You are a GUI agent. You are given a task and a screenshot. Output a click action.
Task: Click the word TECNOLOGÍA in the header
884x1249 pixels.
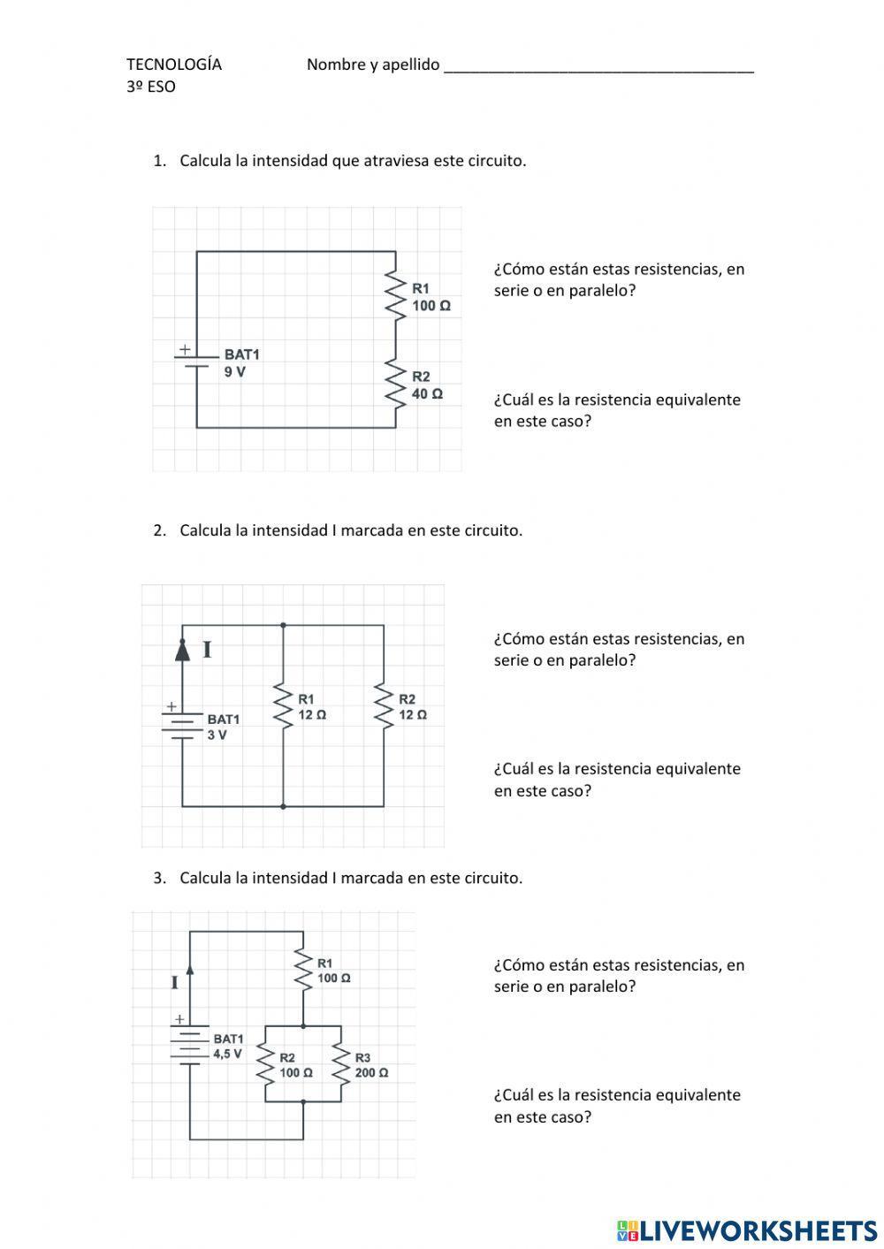click(x=174, y=65)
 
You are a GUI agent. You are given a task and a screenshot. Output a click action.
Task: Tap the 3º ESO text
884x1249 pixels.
click(x=151, y=87)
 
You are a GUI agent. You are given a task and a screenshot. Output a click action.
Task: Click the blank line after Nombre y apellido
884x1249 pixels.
click(x=598, y=67)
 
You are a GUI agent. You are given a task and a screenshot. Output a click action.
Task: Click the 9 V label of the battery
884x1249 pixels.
click(x=235, y=372)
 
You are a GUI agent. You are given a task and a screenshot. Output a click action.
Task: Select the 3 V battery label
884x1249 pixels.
click(x=217, y=735)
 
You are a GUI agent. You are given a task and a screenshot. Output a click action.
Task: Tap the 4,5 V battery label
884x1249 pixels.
click(x=227, y=1054)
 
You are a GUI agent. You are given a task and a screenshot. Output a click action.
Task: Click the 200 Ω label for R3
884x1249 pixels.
click(x=371, y=1073)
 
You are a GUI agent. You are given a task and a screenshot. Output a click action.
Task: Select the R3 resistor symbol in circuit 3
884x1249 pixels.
click(x=340, y=1063)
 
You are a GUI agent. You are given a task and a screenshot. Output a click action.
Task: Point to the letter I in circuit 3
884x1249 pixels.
click(x=175, y=982)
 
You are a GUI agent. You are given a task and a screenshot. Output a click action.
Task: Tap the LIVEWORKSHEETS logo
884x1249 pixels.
click(x=747, y=1230)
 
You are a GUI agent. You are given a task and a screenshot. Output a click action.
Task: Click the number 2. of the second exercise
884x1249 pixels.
click(x=159, y=530)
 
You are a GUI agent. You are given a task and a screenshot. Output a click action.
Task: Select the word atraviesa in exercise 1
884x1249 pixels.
click(x=396, y=161)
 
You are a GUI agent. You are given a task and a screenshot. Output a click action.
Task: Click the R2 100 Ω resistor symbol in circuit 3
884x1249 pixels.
click(x=265, y=1063)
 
